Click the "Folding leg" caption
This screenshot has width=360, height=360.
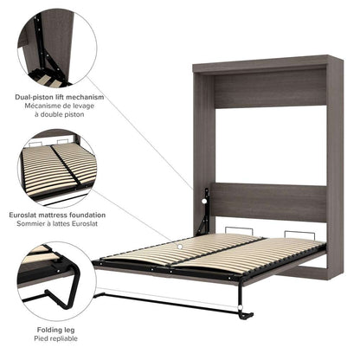coord(49,330)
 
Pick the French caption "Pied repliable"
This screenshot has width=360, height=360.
coord(49,339)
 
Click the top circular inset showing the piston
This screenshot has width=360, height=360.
coord(54,47)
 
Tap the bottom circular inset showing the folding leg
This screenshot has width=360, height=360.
coord(54,281)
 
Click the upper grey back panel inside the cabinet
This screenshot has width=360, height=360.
coord(270,89)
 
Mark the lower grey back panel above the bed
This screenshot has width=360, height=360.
coord(270,202)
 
